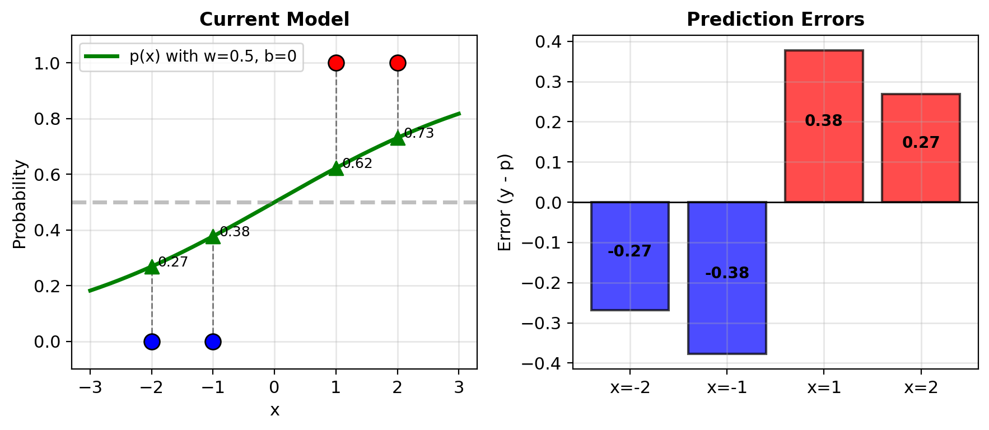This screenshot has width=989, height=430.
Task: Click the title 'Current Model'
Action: click(274, 20)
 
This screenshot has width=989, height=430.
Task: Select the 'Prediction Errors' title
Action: click(775, 20)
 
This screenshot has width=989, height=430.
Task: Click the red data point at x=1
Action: click(336, 63)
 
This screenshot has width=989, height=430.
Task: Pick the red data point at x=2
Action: click(398, 63)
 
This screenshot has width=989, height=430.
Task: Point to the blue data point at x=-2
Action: click(152, 342)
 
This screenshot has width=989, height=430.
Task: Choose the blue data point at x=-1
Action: click(213, 342)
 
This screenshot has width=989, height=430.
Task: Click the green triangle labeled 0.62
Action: click(336, 168)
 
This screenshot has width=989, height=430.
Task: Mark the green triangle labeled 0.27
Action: click(152, 267)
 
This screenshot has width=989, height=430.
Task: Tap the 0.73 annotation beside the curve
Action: click(419, 133)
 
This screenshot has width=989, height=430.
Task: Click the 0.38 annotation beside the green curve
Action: click(235, 232)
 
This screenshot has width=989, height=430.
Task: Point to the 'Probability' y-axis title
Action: click(20, 204)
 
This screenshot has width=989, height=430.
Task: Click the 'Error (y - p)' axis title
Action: click(505, 203)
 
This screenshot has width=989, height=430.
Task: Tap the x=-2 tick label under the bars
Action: click(630, 387)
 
